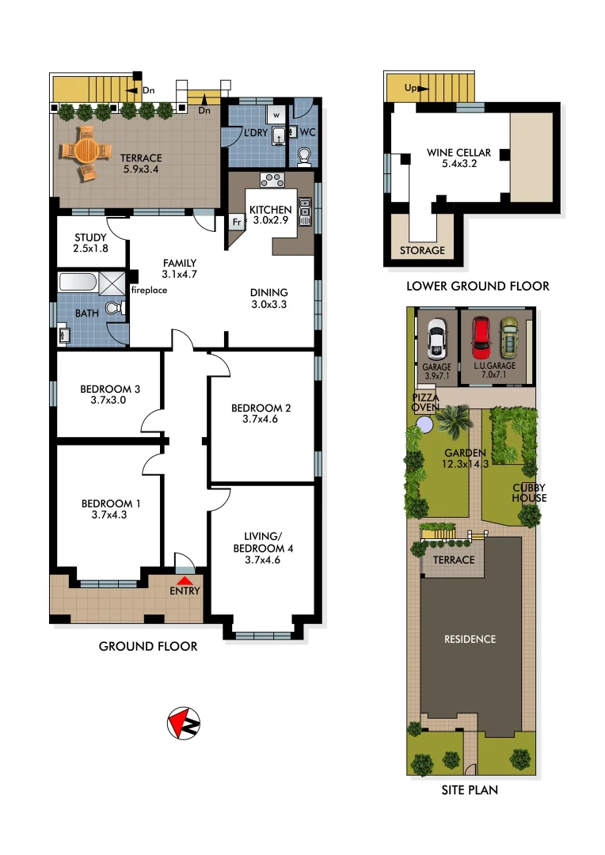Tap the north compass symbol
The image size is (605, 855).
pos(184,722)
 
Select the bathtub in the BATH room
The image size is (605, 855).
pos(78,282)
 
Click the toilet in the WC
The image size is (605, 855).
pos(304,155)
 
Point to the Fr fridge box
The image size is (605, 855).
pos(236,222)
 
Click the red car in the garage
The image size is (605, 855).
pos(481,338)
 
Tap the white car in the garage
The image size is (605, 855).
pos(436,339)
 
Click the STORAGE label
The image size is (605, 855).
pos(421,250)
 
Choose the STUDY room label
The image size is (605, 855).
pos(90,243)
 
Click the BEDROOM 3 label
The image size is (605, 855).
pos(110,394)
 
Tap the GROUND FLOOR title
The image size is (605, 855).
pos(147,647)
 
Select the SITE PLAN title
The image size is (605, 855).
pos(470,789)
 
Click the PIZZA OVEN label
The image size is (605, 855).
pos(426,401)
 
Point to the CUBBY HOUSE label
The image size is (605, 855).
pos(529,492)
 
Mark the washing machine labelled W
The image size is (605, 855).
pos(277,115)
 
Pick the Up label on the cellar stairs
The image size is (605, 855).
pos(410,88)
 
